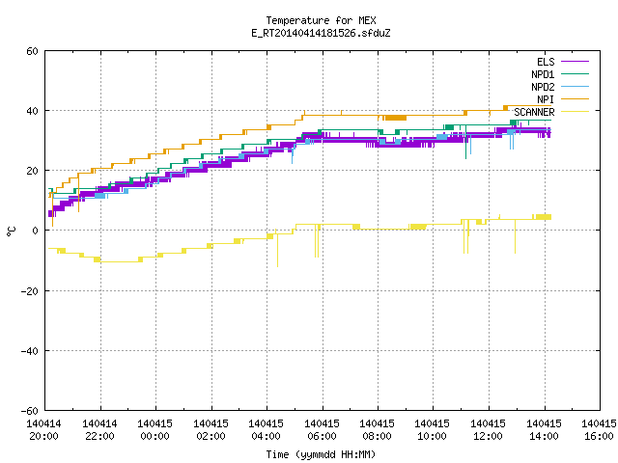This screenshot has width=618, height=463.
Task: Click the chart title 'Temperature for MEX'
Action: click(x=321, y=20)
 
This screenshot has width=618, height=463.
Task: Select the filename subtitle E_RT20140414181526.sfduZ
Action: click(x=321, y=33)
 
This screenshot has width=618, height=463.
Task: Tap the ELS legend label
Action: click(x=546, y=62)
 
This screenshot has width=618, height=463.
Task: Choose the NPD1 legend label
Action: click(x=543, y=74)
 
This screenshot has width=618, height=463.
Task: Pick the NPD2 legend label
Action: click(x=543, y=87)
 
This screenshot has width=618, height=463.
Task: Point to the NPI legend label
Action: click(x=546, y=99)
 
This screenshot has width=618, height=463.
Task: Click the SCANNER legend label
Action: click(x=534, y=112)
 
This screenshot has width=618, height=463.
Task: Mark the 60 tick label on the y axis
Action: click(x=32, y=51)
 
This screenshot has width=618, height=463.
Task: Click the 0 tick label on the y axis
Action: click(x=35, y=231)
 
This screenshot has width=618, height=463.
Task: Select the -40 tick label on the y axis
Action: click(x=30, y=351)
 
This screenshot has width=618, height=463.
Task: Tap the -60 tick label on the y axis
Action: click(x=30, y=411)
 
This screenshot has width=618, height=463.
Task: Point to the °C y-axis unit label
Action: click(x=11, y=231)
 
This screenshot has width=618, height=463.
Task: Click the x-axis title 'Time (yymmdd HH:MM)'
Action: click(x=321, y=454)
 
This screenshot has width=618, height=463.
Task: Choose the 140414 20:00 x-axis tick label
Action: click(x=43, y=430)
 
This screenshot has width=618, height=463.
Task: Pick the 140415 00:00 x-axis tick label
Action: click(x=154, y=430)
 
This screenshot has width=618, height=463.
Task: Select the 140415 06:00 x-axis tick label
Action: click(x=322, y=430)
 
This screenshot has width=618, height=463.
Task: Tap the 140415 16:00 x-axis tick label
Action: click(x=599, y=430)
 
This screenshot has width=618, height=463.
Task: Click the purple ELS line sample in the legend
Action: click(x=575, y=62)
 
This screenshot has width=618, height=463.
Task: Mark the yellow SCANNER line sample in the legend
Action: click(x=575, y=112)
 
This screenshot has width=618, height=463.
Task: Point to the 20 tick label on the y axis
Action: click(x=32, y=171)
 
